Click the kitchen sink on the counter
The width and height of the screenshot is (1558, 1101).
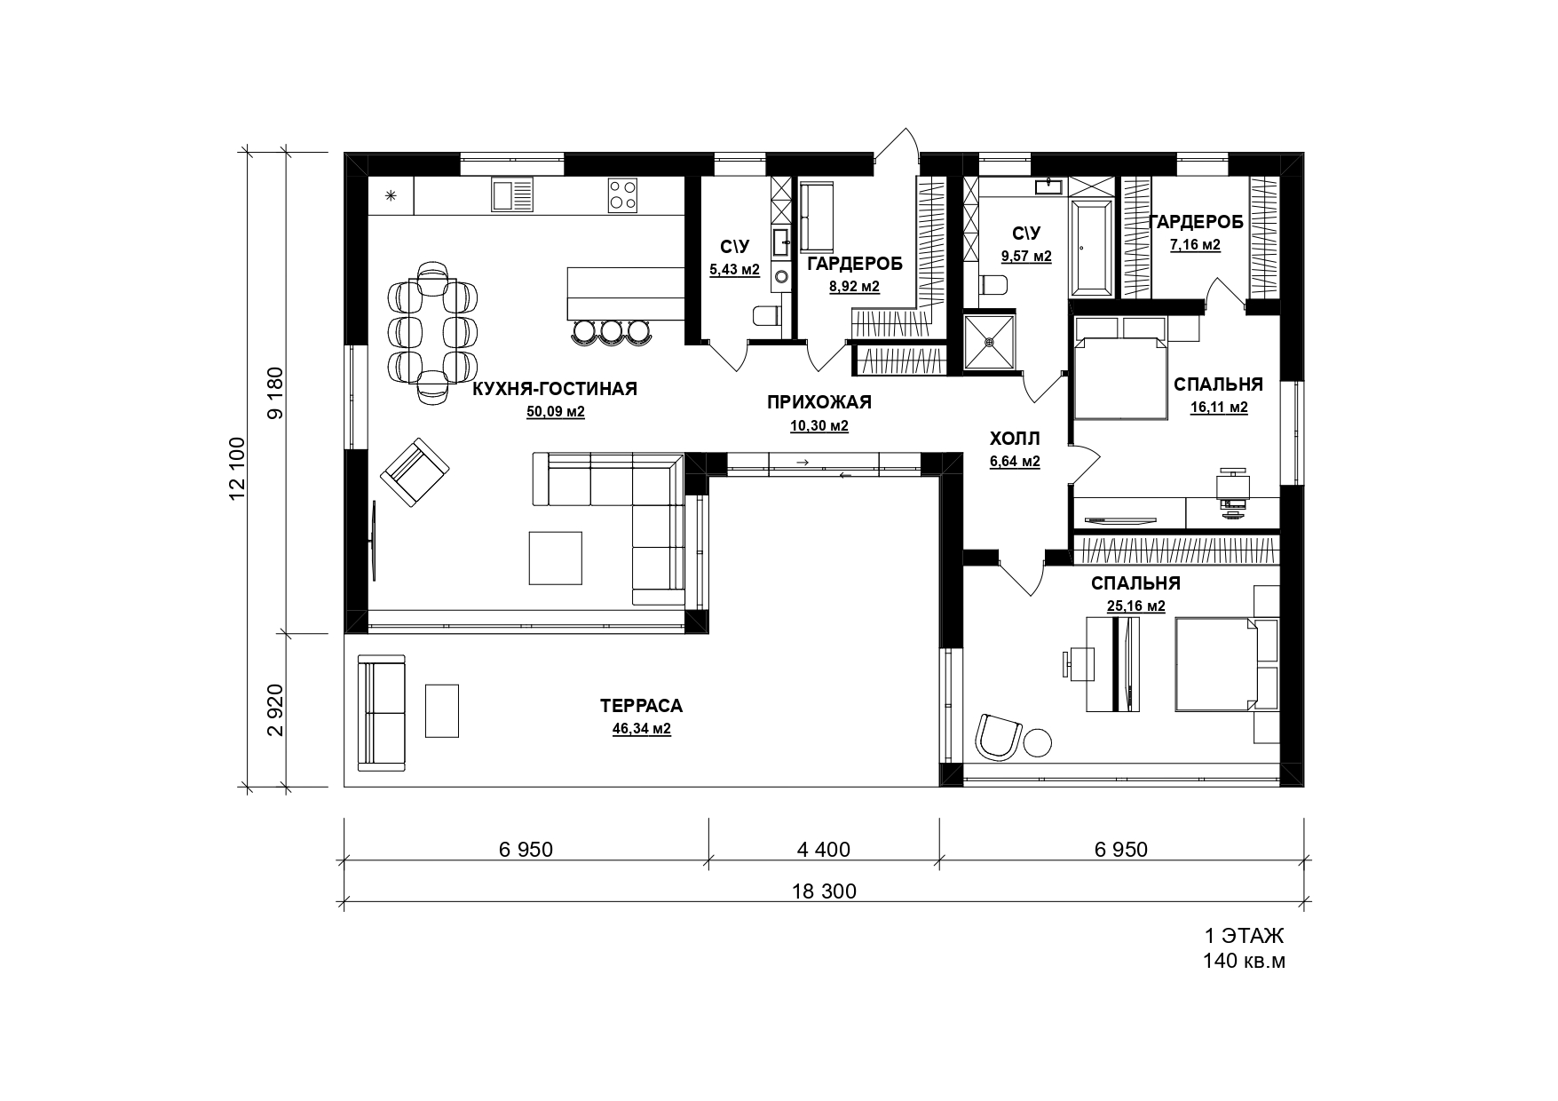tap(512, 195)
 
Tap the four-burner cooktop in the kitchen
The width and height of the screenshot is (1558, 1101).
tap(623, 195)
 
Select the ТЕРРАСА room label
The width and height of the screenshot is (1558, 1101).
tap(641, 707)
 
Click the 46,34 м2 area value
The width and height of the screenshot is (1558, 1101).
tap(641, 729)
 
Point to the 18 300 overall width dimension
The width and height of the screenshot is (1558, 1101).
tap(825, 891)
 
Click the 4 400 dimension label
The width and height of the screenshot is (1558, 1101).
tap(824, 850)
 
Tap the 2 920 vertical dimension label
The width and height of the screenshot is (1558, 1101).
tap(275, 710)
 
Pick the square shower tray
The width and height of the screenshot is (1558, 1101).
tap(990, 340)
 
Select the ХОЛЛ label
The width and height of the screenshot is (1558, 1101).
tap(1015, 440)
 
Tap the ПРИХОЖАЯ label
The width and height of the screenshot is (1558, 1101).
tap(819, 402)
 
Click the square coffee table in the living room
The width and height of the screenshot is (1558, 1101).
tap(556, 558)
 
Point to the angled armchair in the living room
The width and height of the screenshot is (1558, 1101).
tap(415, 473)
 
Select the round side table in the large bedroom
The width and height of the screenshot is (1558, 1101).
tap(1037, 742)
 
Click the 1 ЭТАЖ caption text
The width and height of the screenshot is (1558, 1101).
tap(1244, 936)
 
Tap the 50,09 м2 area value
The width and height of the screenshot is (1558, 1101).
tap(556, 412)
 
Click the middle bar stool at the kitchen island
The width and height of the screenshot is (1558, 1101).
tap(612, 331)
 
